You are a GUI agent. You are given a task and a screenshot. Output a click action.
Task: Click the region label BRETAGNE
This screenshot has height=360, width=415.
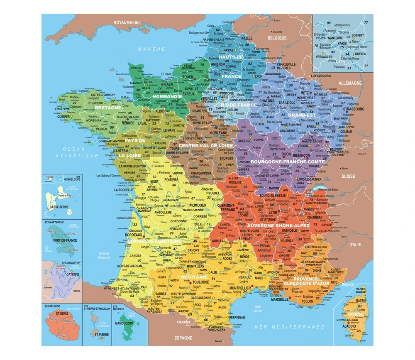pos(108,108)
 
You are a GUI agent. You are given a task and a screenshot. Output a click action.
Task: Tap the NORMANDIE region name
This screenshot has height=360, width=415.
pos(167,96)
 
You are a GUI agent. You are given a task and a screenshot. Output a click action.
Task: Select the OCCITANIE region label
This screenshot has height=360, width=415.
pos(194,277)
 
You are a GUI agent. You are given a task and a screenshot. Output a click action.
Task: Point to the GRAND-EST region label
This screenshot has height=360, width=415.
pos(302,115)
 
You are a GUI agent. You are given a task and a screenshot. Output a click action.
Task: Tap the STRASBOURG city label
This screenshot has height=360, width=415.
pos(354,109)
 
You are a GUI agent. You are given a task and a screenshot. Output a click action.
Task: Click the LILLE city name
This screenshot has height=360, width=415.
pos(248,38)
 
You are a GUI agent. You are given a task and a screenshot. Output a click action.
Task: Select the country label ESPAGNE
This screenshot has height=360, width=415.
pos(183,338)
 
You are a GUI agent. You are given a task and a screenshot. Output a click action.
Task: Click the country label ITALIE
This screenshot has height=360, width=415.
pos(355,245)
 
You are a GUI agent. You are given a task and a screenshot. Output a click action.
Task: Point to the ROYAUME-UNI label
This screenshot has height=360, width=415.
pos(127,22)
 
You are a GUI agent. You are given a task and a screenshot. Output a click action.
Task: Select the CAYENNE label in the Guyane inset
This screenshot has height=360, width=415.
pos(73,274)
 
